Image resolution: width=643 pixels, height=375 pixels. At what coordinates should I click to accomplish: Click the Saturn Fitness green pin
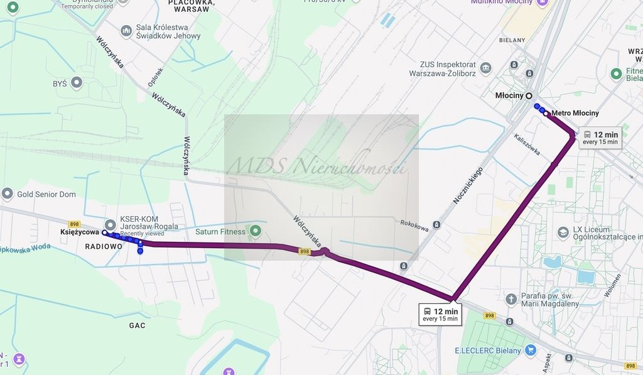point(255,231)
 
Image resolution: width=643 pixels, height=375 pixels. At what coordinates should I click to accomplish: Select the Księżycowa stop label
point(80,232)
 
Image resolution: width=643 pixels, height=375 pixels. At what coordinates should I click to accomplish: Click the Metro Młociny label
point(575,113)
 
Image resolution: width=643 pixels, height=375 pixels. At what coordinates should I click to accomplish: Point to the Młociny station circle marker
point(529,95)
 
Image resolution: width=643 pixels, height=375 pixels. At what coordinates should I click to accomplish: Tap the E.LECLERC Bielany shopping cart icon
point(531,351)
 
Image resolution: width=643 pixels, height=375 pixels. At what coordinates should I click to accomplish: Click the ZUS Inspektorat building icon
point(485,68)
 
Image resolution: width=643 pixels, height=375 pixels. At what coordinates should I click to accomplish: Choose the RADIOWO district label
point(104,247)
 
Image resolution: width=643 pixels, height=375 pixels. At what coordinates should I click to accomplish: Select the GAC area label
point(137,325)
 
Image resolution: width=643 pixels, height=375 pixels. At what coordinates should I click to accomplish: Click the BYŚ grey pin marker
point(77,82)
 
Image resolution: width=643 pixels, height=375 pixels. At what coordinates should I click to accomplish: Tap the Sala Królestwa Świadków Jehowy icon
point(126,30)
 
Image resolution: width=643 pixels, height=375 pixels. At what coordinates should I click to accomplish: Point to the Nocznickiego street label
point(468,185)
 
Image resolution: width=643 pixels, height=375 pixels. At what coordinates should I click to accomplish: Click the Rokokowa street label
point(414,225)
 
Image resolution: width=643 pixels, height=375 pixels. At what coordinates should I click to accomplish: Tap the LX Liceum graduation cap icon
point(563,232)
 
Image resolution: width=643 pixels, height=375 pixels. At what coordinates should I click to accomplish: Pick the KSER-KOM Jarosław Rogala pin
point(111,224)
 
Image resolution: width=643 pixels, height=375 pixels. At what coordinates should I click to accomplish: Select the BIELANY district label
point(512,40)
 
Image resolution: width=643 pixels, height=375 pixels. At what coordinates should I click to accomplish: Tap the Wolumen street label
point(613,286)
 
